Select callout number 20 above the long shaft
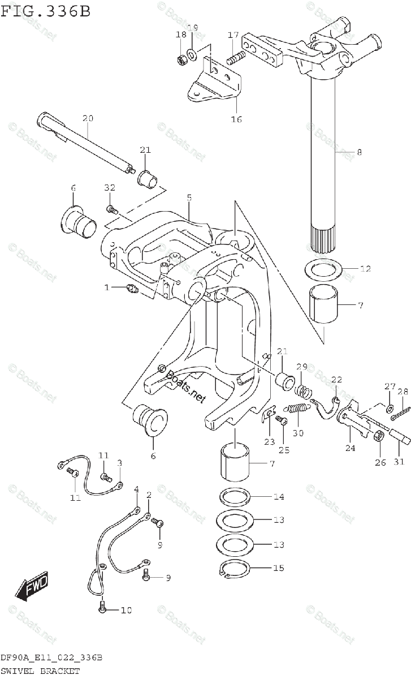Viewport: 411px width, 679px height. [88, 118]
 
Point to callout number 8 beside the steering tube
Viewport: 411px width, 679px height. [359, 152]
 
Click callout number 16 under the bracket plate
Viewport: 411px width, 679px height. [236, 119]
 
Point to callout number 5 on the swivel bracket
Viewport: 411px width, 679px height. [189, 197]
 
